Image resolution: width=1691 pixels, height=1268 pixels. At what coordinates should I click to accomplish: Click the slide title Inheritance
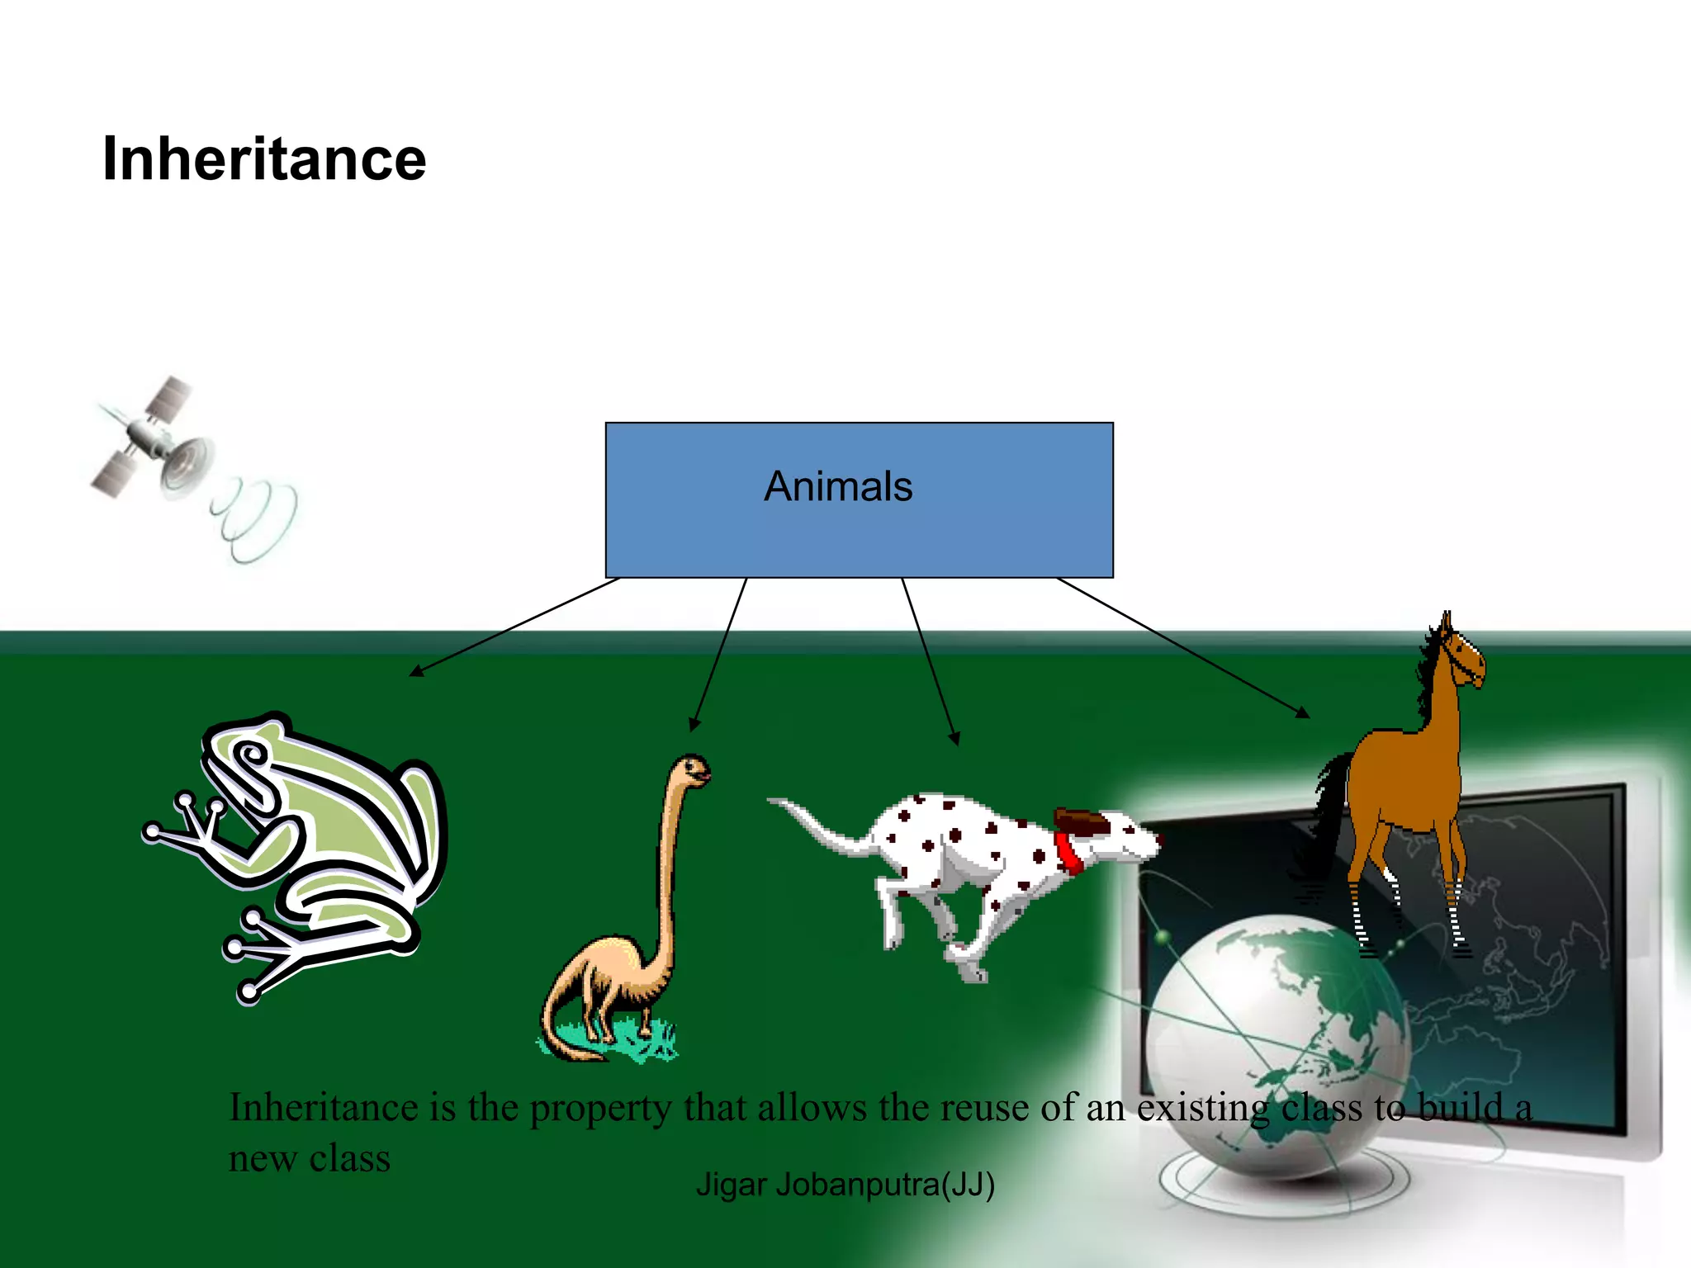(263, 158)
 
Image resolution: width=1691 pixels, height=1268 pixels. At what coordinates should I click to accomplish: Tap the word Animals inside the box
(838, 486)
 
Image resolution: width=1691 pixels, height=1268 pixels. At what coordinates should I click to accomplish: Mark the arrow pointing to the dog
(930, 660)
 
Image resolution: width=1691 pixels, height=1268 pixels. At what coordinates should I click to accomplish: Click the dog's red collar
(1068, 852)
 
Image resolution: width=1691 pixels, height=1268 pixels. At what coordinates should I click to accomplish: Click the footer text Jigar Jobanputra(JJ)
(845, 1185)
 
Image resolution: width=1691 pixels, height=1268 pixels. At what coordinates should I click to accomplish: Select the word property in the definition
(600, 1109)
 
